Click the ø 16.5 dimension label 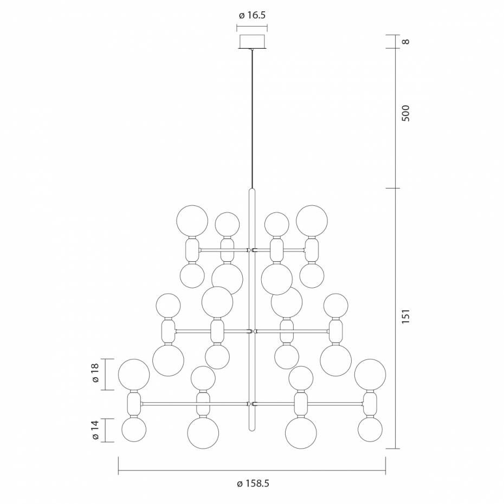click(253, 15)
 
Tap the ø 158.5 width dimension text click(253, 483)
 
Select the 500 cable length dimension click(406, 113)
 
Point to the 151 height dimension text click(406, 316)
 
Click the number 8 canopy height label click(406, 42)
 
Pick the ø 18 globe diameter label click(95, 373)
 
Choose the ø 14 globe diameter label click(95, 430)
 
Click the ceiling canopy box click(253, 42)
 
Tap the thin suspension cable click(253, 119)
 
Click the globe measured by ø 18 click(134, 375)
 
